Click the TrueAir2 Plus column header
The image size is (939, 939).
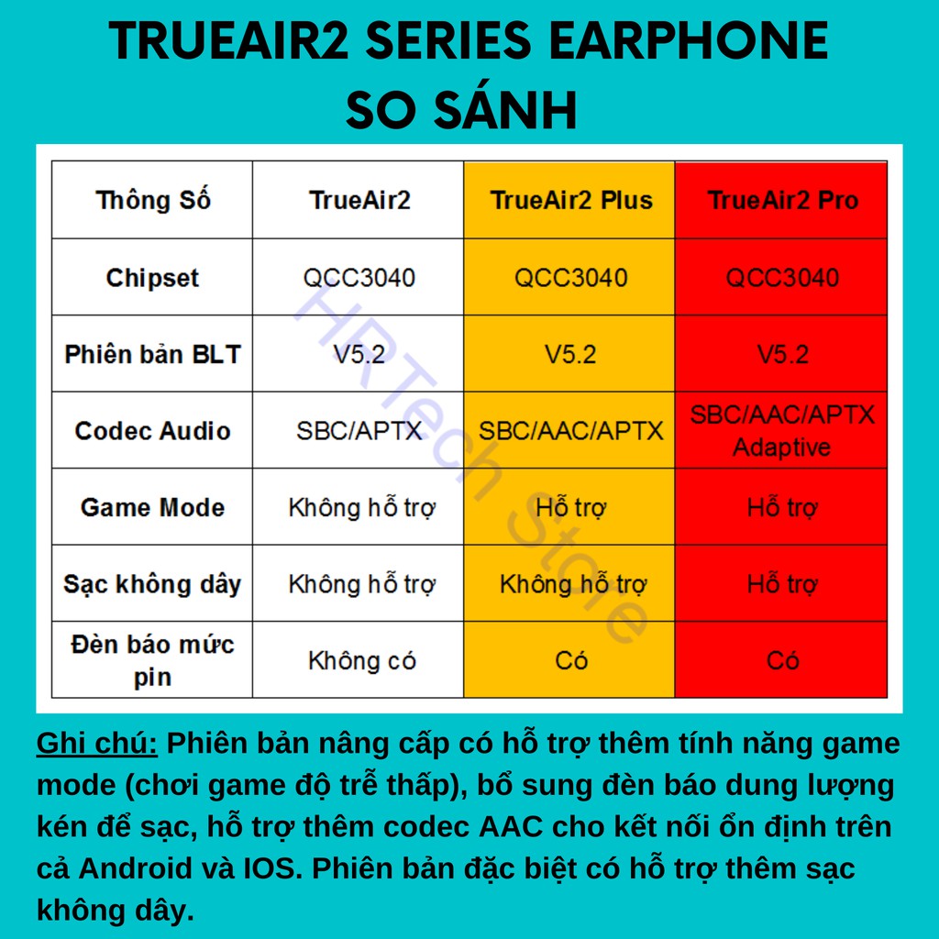pos(570,200)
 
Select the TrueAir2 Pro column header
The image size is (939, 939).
pos(783,200)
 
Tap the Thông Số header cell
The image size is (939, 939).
pos(153,200)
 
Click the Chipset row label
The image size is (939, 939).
pos(153,278)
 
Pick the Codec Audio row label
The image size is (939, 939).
pos(153,431)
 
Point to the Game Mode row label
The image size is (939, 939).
pos(153,507)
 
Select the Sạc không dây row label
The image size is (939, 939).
pos(153,584)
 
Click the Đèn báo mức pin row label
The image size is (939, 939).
pos(153,660)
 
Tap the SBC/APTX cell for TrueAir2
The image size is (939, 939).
pos(359,431)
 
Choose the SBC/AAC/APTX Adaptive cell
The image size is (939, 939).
pos(782,431)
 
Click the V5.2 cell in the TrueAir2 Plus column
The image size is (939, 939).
pos(570,355)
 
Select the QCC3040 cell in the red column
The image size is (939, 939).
pos(782,278)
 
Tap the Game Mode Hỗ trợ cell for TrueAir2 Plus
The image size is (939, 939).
pos(570,507)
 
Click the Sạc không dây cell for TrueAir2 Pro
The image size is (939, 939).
pos(782,584)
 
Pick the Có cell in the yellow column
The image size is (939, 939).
pos(570,660)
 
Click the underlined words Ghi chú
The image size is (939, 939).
pos(97,744)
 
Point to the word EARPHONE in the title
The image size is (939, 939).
pos(688,40)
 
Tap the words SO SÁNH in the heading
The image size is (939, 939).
pos(462,110)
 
